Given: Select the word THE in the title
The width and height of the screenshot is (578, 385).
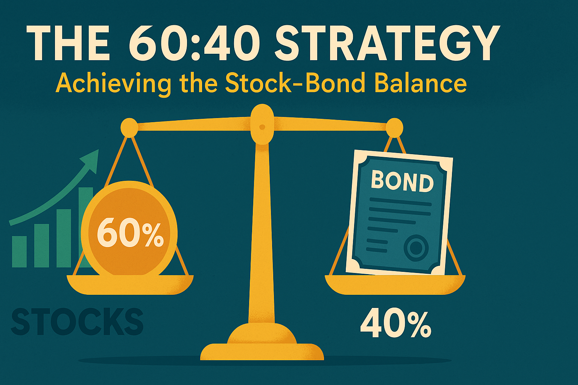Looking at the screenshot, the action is click(68, 43).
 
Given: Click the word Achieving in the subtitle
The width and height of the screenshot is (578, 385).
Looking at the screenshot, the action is click(113, 83).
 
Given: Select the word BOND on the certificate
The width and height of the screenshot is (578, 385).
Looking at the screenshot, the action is click(402, 182).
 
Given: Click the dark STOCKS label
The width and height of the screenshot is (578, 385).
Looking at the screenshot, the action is click(77, 321).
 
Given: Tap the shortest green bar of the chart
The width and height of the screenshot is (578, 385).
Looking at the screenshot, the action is click(19, 252).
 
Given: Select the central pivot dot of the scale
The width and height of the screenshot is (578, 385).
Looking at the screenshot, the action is click(262, 127).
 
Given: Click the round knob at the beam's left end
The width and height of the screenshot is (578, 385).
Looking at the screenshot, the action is click(129, 127).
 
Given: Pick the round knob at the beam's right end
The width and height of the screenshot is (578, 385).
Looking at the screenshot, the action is click(394, 127).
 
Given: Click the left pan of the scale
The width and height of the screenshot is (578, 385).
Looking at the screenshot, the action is click(130, 285).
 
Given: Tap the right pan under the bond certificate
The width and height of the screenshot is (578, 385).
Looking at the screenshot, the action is click(395, 285).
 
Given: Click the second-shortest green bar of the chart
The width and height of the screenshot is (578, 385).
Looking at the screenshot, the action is click(41, 246).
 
